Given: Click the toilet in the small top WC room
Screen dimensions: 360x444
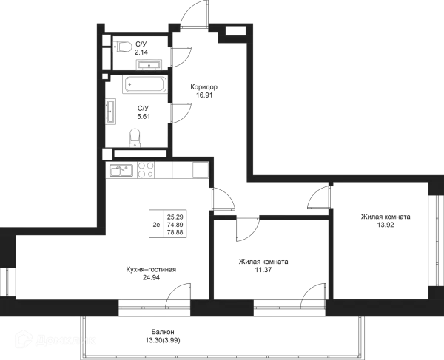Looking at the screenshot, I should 123,47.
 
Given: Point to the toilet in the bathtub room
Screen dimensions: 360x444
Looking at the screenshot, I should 135,136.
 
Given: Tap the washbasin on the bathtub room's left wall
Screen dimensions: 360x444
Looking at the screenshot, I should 112,113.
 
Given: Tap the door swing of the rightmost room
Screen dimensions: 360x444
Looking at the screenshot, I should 318,197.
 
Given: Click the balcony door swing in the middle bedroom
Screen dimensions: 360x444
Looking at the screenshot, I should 315,290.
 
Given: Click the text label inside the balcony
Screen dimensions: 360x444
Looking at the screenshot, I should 163,336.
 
